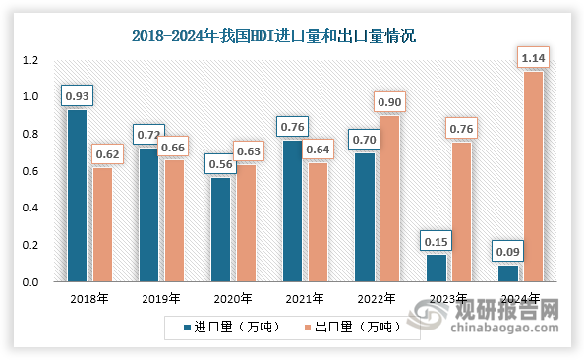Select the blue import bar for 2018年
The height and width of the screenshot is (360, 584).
(x=76, y=196)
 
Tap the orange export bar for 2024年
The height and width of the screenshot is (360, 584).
(x=533, y=176)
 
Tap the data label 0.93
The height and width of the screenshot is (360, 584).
(x=76, y=96)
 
